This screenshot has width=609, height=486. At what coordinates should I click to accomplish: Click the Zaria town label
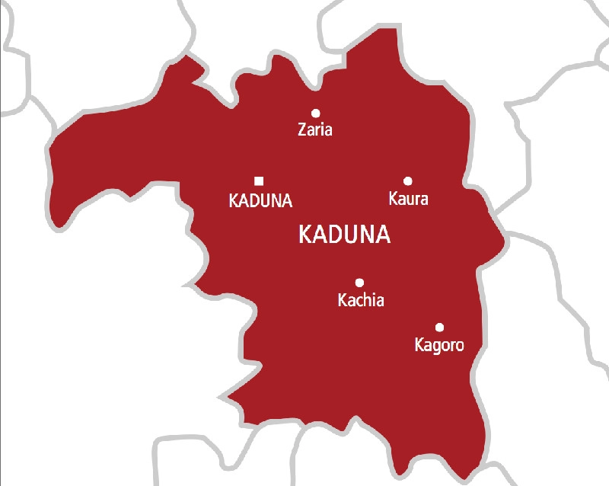(315, 129)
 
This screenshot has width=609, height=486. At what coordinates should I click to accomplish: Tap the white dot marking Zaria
(315, 113)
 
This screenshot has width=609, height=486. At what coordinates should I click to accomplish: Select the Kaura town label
(408, 200)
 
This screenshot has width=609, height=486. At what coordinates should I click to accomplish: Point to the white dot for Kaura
(408, 181)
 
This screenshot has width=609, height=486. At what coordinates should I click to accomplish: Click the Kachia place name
(361, 301)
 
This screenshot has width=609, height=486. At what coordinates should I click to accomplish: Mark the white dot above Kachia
(359, 282)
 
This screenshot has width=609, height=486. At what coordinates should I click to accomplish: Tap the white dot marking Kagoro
(439, 327)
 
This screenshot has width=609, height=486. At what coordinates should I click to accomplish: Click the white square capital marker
(259, 181)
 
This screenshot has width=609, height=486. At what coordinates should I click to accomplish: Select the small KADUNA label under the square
(260, 201)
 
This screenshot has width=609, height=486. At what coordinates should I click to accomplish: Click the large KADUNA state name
(345, 235)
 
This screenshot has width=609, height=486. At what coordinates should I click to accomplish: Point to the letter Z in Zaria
(301, 129)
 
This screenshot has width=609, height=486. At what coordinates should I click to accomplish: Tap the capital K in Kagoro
(419, 345)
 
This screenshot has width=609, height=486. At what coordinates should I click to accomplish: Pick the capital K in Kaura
(393, 200)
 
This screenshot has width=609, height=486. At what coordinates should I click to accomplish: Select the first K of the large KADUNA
(306, 235)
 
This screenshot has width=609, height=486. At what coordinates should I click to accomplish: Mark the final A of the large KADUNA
(382, 235)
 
